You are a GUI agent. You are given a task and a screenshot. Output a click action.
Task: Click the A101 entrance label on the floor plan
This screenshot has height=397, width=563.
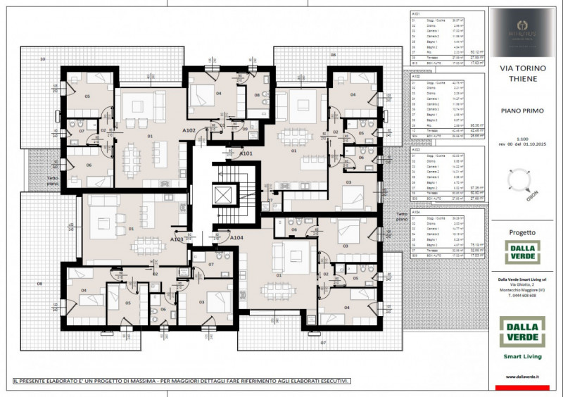tap(246, 153)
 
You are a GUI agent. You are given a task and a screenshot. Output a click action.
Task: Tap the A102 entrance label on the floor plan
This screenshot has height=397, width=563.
tap(189, 130)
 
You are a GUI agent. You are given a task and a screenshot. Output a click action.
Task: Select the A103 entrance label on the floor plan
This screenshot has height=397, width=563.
tap(177, 239)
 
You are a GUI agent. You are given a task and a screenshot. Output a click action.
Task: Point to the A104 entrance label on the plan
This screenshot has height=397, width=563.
tap(237, 238)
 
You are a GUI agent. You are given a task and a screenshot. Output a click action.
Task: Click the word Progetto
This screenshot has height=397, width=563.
tap(522, 232)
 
